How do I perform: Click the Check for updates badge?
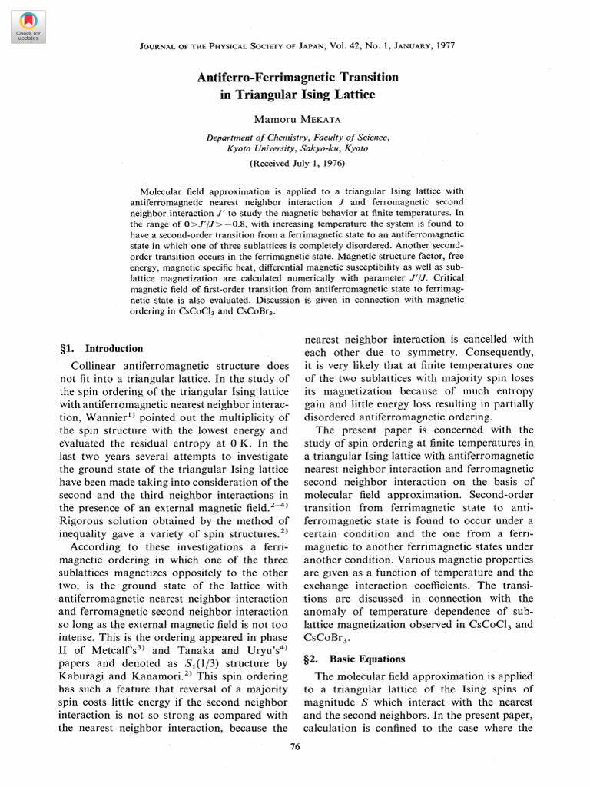pyautogui.click(x=27, y=26)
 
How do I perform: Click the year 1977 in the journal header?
pyautogui.click(x=442, y=46)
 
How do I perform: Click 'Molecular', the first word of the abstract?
pyautogui.click(x=164, y=191)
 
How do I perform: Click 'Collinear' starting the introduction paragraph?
pyautogui.click(x=97, y=366)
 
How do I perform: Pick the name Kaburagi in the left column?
pyautogui.click(x=85, y=676)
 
